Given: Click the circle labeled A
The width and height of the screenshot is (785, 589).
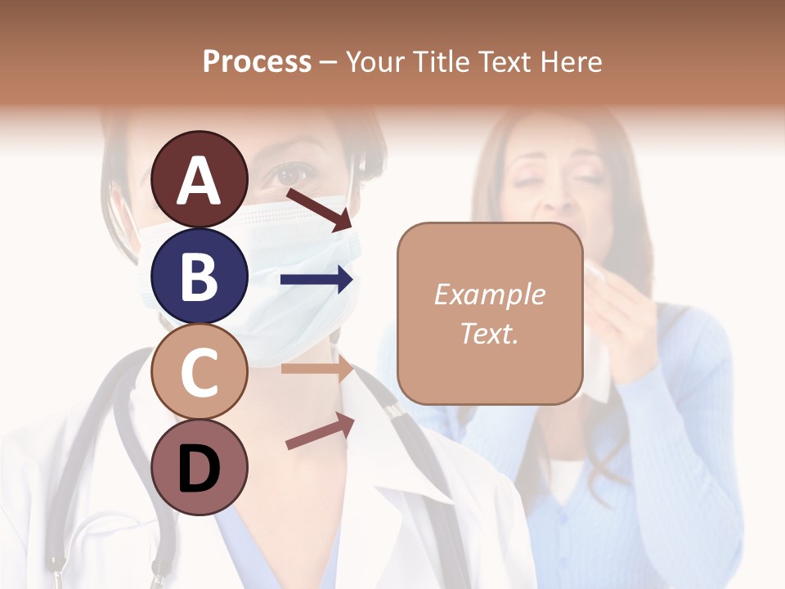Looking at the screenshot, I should click(x=199, y=179).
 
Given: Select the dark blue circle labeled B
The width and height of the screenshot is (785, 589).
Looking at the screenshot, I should click(x=199, y=276).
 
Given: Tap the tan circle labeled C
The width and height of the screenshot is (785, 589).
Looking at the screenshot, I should click(x=199, y=372).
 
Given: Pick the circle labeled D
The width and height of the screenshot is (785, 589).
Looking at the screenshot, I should click(x=199, y=468).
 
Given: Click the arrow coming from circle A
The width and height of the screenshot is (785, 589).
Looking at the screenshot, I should click(x=319, y=209).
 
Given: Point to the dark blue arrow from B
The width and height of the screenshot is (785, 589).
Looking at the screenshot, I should click(x=316, y=280).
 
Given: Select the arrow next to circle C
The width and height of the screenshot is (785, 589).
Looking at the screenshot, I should click(x=316, y=369).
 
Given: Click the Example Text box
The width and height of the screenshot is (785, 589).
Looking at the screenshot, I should click(x=490, y=313).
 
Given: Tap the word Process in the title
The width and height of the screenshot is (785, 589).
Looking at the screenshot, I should click(x=257, y=61).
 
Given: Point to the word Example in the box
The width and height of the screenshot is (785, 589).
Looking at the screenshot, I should click(x=490, y=294).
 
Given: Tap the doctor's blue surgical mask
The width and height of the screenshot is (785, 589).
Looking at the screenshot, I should click(x=270, y=270).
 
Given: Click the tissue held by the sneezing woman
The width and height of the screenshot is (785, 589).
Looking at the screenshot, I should click(x=596, y=327).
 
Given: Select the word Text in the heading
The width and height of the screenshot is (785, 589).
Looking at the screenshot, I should click(x=502, y=61).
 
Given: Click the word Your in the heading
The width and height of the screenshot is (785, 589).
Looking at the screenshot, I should click(x=372, y=61).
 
